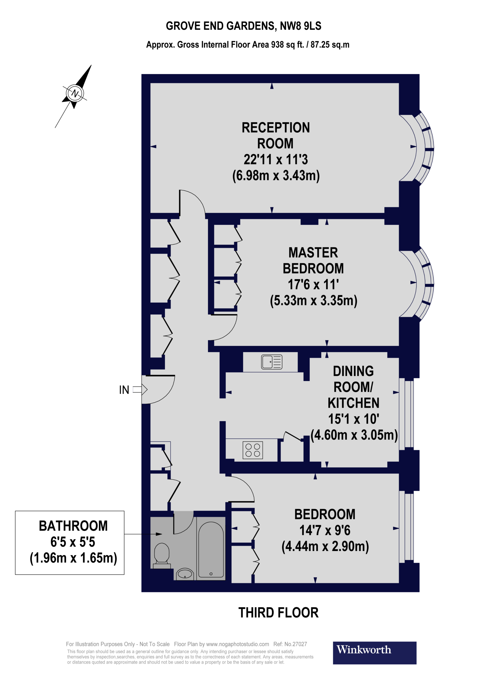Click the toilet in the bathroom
tap(162, 556)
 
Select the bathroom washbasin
tap(185, 574)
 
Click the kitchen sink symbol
tap(271, 362)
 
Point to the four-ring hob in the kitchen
tap(253, 450)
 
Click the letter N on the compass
tap(75, 93)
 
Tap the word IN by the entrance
tap(124, 390)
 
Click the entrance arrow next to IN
tap(140, 390)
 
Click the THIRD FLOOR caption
tap(278, 613)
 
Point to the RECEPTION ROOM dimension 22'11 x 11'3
tap(276, 159)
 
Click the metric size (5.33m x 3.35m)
tap(314, 300)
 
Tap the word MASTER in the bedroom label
tap(313, 252)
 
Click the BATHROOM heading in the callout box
tap(73, 526)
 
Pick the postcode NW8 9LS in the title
tap(300, 26)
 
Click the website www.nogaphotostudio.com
tap(237, 644)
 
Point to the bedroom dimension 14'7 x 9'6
tap(325, 530)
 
